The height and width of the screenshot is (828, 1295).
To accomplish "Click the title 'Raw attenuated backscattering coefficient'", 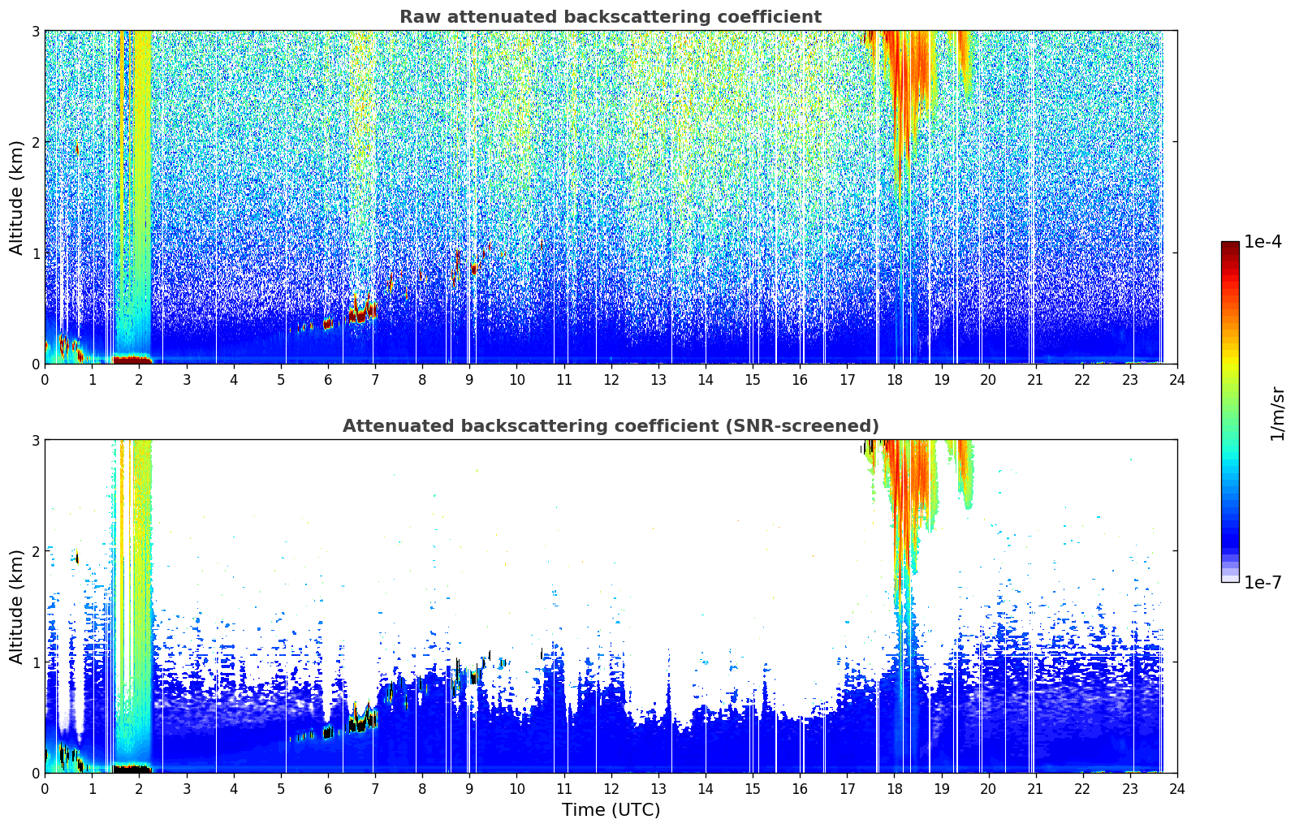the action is tap(611, 17).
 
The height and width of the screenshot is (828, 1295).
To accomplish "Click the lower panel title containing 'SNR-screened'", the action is tap(611, 426).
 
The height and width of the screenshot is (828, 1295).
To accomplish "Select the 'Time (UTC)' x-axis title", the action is tap(611, 810).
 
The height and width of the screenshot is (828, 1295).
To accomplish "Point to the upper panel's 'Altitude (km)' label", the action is tap(16, 198).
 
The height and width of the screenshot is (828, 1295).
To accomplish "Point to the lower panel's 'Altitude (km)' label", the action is tap(16, 607).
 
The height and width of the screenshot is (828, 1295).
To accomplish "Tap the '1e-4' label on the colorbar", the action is tap(1263, 242).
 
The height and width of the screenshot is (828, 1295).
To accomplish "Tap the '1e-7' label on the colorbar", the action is tap(1263, 582).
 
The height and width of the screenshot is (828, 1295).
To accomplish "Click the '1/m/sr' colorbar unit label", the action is tap(1277, 414).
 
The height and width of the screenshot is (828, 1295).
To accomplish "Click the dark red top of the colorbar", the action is tap(1230, 246).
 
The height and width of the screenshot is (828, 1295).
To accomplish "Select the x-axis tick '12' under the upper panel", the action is tap(611, 380).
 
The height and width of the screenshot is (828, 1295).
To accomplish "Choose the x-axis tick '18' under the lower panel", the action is tap(895, 789).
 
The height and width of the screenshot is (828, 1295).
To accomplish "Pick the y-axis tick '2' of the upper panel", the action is tap(35, 142).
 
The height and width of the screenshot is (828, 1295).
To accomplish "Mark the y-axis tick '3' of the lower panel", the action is tap(35, 441).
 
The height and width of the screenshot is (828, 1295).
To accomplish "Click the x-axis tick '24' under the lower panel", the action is tap(1177, 789).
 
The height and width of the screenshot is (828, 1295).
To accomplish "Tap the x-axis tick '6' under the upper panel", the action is tap(328, 380).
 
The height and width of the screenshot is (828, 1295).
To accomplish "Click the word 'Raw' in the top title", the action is tap(419, 17).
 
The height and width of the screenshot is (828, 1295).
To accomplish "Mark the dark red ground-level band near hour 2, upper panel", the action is tap(132, 360).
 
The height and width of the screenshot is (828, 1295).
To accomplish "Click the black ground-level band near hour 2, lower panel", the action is tap(132, 769).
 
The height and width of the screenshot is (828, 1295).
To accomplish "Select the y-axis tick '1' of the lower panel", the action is tap(35, 662).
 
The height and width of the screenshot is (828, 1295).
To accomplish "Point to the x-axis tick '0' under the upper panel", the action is tap(45, 380).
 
